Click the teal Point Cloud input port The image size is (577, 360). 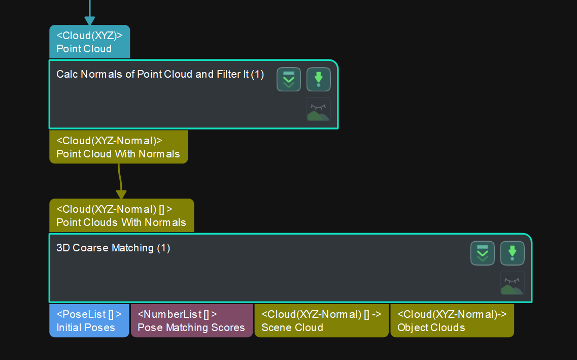(89, 42)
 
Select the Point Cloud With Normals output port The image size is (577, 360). (118, 147)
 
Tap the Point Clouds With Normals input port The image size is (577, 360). (121, 216)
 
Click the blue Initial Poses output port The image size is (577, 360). (89, 321)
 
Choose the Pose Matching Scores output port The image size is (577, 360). (191, 321)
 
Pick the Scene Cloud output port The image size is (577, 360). (321, 321)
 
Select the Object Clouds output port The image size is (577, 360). (452, 321)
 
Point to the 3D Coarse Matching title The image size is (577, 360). (113, 248)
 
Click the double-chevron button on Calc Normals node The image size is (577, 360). (289, 79)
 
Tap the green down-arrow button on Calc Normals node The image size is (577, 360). (318, 79)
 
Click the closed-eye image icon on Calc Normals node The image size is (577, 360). (318, 109)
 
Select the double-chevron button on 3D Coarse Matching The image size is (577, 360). (483, 253)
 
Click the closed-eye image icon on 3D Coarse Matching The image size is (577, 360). (512, 283)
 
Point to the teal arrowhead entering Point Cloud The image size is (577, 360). (90, 21)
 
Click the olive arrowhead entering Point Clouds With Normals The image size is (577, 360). (121, 194)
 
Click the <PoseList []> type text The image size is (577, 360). (89, 314)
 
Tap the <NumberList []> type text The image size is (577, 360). (177, 314)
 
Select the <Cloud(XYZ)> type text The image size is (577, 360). (89, 36)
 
